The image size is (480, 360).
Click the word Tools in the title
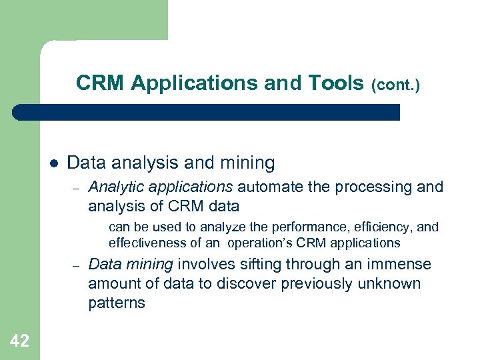336,83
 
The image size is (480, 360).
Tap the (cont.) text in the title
395,85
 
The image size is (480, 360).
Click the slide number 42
20,341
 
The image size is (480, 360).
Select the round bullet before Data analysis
54,163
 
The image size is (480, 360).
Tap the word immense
401,265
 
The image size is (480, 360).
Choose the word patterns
117,303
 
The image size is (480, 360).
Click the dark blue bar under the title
207,112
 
